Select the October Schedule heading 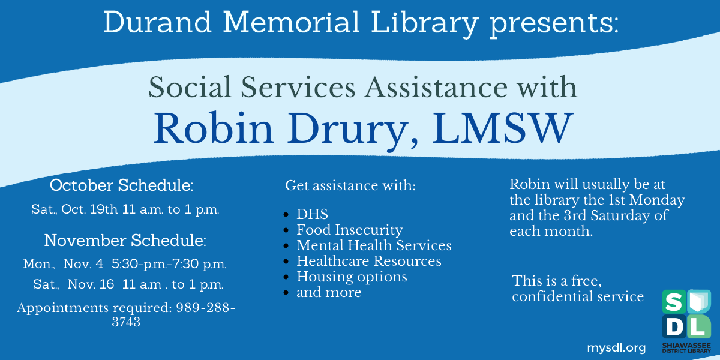tap(122, 185)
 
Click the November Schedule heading tap(125, 241)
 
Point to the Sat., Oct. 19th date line tap(125, 210)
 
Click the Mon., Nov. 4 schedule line tap(125, 264)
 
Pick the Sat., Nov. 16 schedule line tap(128, 284)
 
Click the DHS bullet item tap(312, 214)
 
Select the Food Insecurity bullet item tap(349, 230)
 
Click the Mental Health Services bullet tap(374, 245)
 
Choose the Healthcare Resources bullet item tap(368, 261)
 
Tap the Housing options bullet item tap(352, 277)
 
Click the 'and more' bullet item tap(329, 292)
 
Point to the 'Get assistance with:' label tap(350, 185)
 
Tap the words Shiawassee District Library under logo tap(686, 349)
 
